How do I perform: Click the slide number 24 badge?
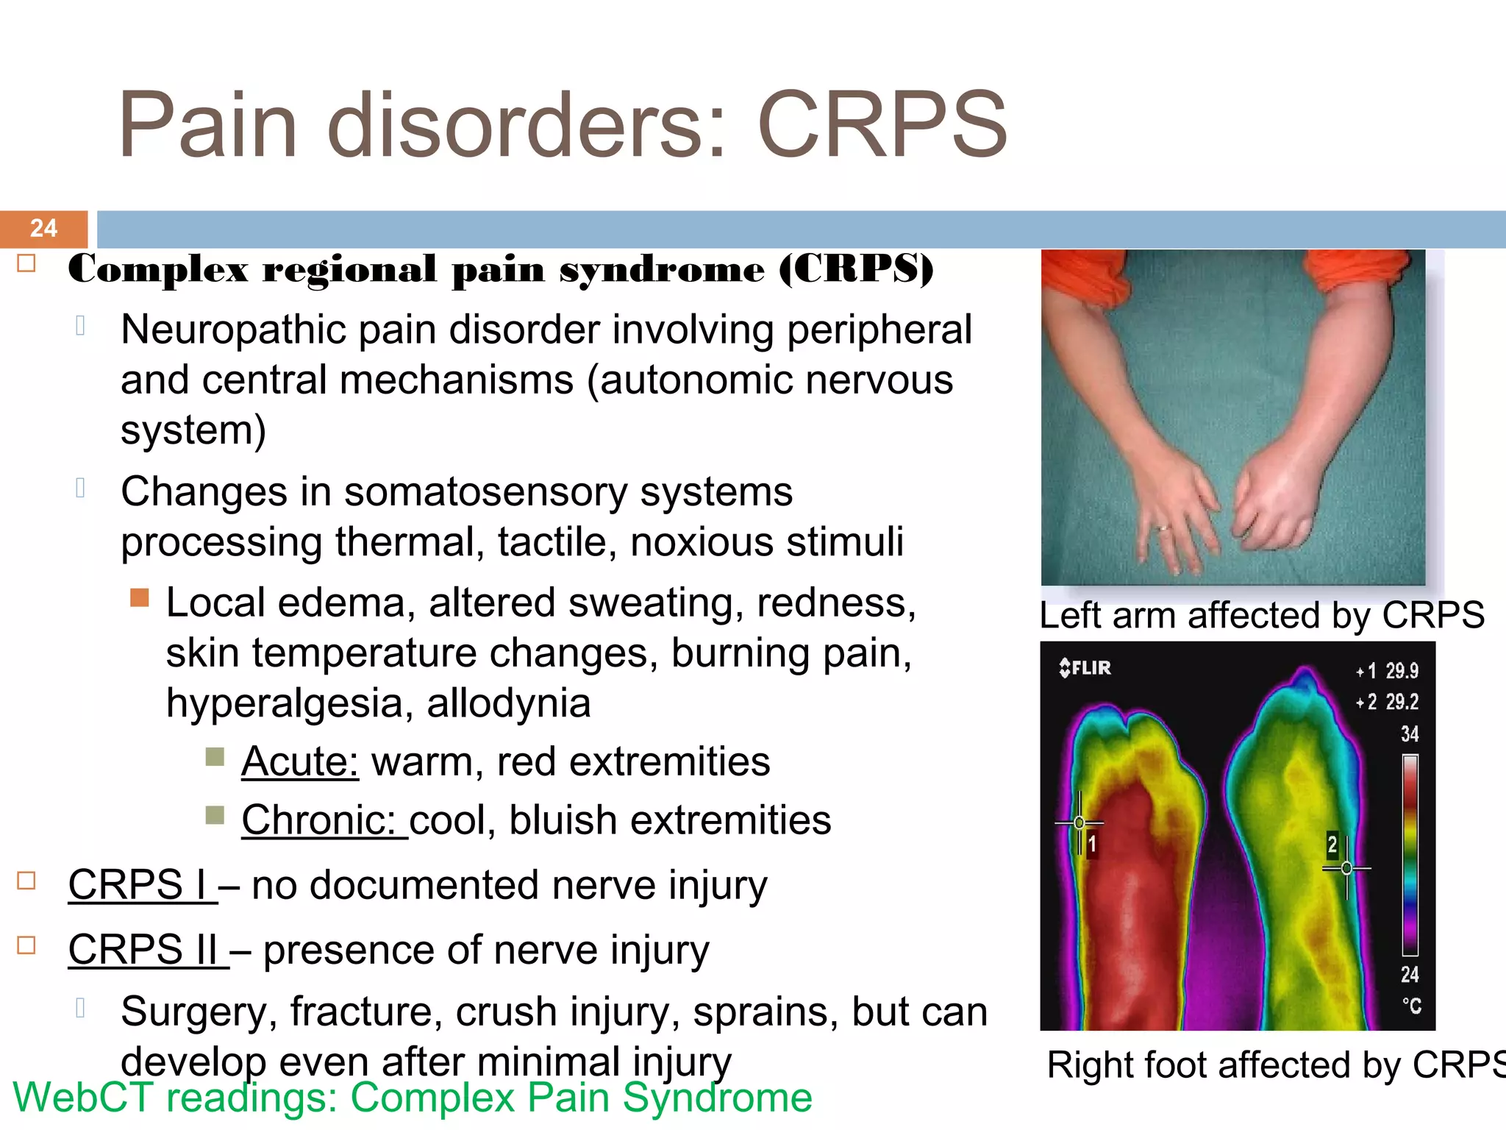point(43,228)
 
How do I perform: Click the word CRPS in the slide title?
point(882,125)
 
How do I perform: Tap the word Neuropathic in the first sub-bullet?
point(232,330)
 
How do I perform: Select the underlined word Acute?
point(300,761)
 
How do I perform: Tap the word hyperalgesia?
point(283,704)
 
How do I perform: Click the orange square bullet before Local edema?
point(140,597)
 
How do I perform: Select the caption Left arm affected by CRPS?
point(1261,615)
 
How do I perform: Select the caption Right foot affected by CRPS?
point(1276,1065)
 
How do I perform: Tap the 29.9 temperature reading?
point(1402,671)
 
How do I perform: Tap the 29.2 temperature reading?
point(1402,702)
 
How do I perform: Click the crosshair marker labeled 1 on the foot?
point(1079,822)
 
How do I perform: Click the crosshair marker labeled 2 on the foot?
point(1346,869)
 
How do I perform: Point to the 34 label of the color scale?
point(1409,734)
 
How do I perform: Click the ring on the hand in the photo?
point(1163,527)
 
